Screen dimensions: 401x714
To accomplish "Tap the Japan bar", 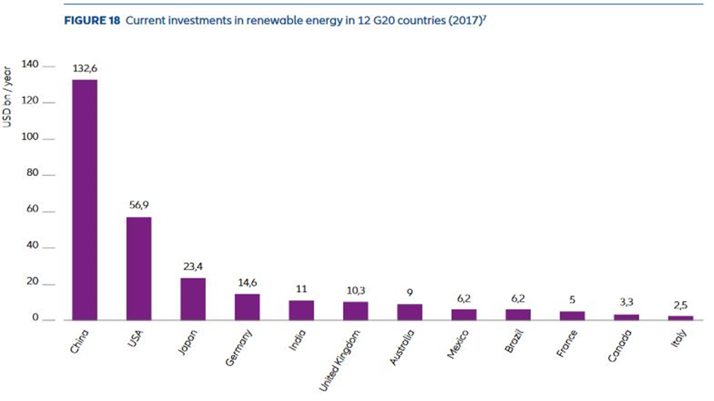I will pos(193,299).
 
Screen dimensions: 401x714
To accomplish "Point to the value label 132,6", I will pos(85,68).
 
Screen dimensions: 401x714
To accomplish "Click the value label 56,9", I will pos(139,205).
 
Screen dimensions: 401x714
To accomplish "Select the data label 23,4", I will pos(193,267).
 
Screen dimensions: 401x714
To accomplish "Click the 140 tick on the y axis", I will pos(31,66).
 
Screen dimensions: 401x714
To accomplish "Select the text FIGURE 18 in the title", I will pos(90,21).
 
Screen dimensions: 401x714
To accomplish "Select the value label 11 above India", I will pos(301,290).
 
